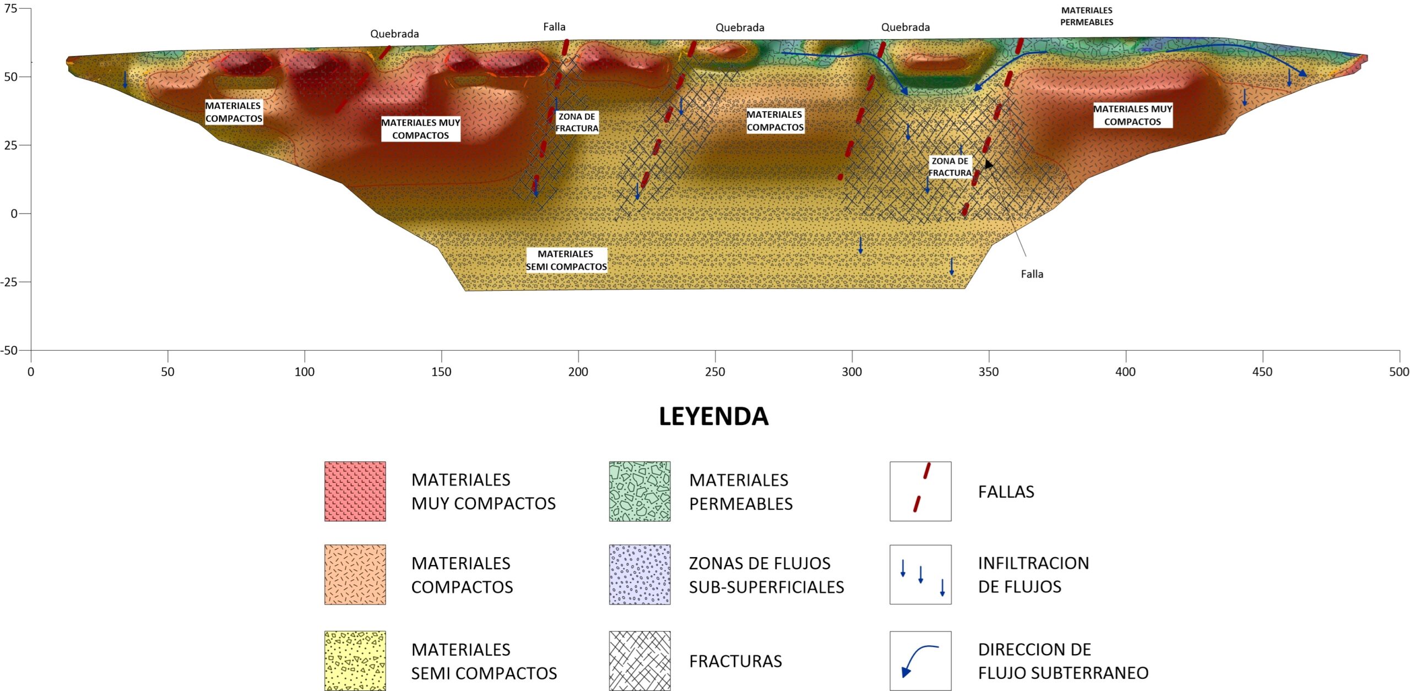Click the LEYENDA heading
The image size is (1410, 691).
point(713,416)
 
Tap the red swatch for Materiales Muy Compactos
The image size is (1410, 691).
point(355,491)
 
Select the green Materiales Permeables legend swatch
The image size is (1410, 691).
point(639,491)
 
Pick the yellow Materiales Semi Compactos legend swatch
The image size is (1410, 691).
point(355,660)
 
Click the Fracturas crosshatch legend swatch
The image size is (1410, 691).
point(639,660)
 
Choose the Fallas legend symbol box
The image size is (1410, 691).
point(920,491)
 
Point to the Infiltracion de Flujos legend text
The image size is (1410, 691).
point(1033,575)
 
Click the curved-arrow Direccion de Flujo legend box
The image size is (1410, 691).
point(920,660)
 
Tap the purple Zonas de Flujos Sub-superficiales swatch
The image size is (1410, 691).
point(639,575)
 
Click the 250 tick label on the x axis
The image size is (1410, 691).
point(714,372)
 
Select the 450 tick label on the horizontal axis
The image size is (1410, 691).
point(1262,372)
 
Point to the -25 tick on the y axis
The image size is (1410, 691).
point(9,282)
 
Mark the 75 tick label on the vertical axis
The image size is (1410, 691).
point(10,8)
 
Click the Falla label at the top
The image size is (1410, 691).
point(554,27)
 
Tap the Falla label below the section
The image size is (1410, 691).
point(1032,274)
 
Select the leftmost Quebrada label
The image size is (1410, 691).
point(394,34)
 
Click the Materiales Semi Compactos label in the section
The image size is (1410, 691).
point(566,260)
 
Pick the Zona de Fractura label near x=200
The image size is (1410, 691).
point(577,122)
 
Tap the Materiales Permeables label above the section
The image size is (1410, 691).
point(1087,17)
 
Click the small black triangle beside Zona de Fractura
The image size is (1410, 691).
point(989,165)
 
